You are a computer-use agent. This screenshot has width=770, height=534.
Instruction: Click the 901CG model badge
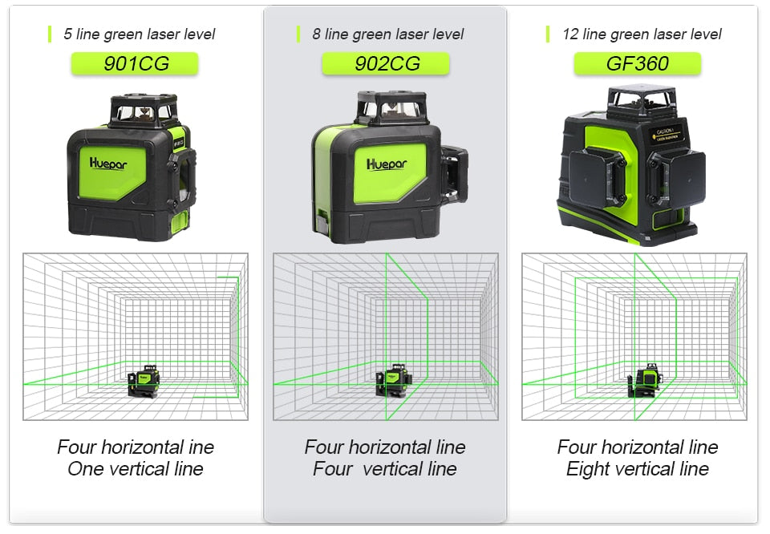tap(135, 64)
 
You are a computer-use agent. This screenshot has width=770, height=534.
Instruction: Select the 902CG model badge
tap(386, 64)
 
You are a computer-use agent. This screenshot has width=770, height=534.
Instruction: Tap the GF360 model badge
tap(637, 64)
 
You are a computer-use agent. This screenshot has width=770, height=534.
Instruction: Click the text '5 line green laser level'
tap(139, 34)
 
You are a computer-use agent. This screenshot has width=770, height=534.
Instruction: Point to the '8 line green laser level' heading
tap(387, 34)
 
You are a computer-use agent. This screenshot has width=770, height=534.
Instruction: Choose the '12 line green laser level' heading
tap(641, 34)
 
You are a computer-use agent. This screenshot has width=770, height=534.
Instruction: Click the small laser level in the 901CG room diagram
tap(144, 380)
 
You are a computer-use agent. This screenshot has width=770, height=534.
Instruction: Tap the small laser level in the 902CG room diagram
tap(393, 378)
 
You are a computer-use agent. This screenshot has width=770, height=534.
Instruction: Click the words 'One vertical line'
tap(135, 469)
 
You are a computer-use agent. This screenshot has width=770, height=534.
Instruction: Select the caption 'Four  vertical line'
tap(385, 469)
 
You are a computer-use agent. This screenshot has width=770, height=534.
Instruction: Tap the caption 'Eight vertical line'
tap(637, 469)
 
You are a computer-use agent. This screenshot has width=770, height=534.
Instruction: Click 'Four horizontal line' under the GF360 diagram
tap(637, 447)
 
